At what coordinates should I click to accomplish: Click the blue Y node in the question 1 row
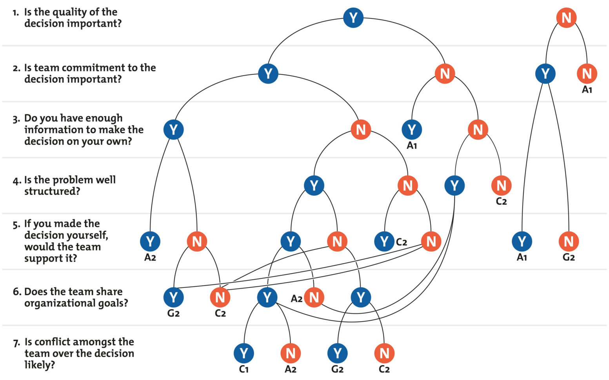pos(353,18)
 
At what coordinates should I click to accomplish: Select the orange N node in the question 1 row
pos(566,18)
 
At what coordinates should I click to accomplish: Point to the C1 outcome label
pos(244,369)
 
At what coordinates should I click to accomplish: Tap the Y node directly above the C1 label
pos(244,353)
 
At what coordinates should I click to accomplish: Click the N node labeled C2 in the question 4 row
pos(501,185)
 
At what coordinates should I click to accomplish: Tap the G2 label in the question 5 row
pos(569,257)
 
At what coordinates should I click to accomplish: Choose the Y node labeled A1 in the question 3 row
pos(412,129)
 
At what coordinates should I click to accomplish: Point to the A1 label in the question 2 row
pos(587,90)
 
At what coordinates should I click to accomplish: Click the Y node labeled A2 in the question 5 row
pos(150,241)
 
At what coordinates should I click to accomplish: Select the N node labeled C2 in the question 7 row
pos(384,353)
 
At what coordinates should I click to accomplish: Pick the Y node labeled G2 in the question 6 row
pos(173,297)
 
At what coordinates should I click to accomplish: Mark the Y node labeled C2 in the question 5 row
pos(384,241)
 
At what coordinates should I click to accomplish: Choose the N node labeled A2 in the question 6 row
pos(314,297)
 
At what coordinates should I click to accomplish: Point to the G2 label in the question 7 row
pos(337,369)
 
